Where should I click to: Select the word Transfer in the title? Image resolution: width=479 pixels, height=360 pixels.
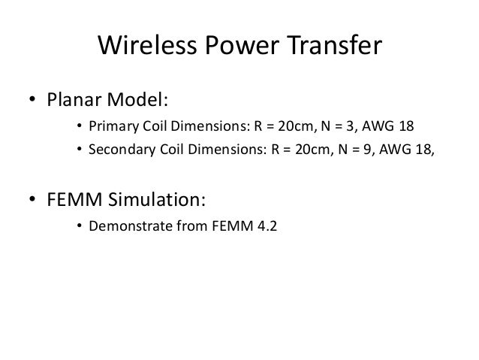336,48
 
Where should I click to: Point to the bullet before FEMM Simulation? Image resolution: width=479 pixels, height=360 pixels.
32,201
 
